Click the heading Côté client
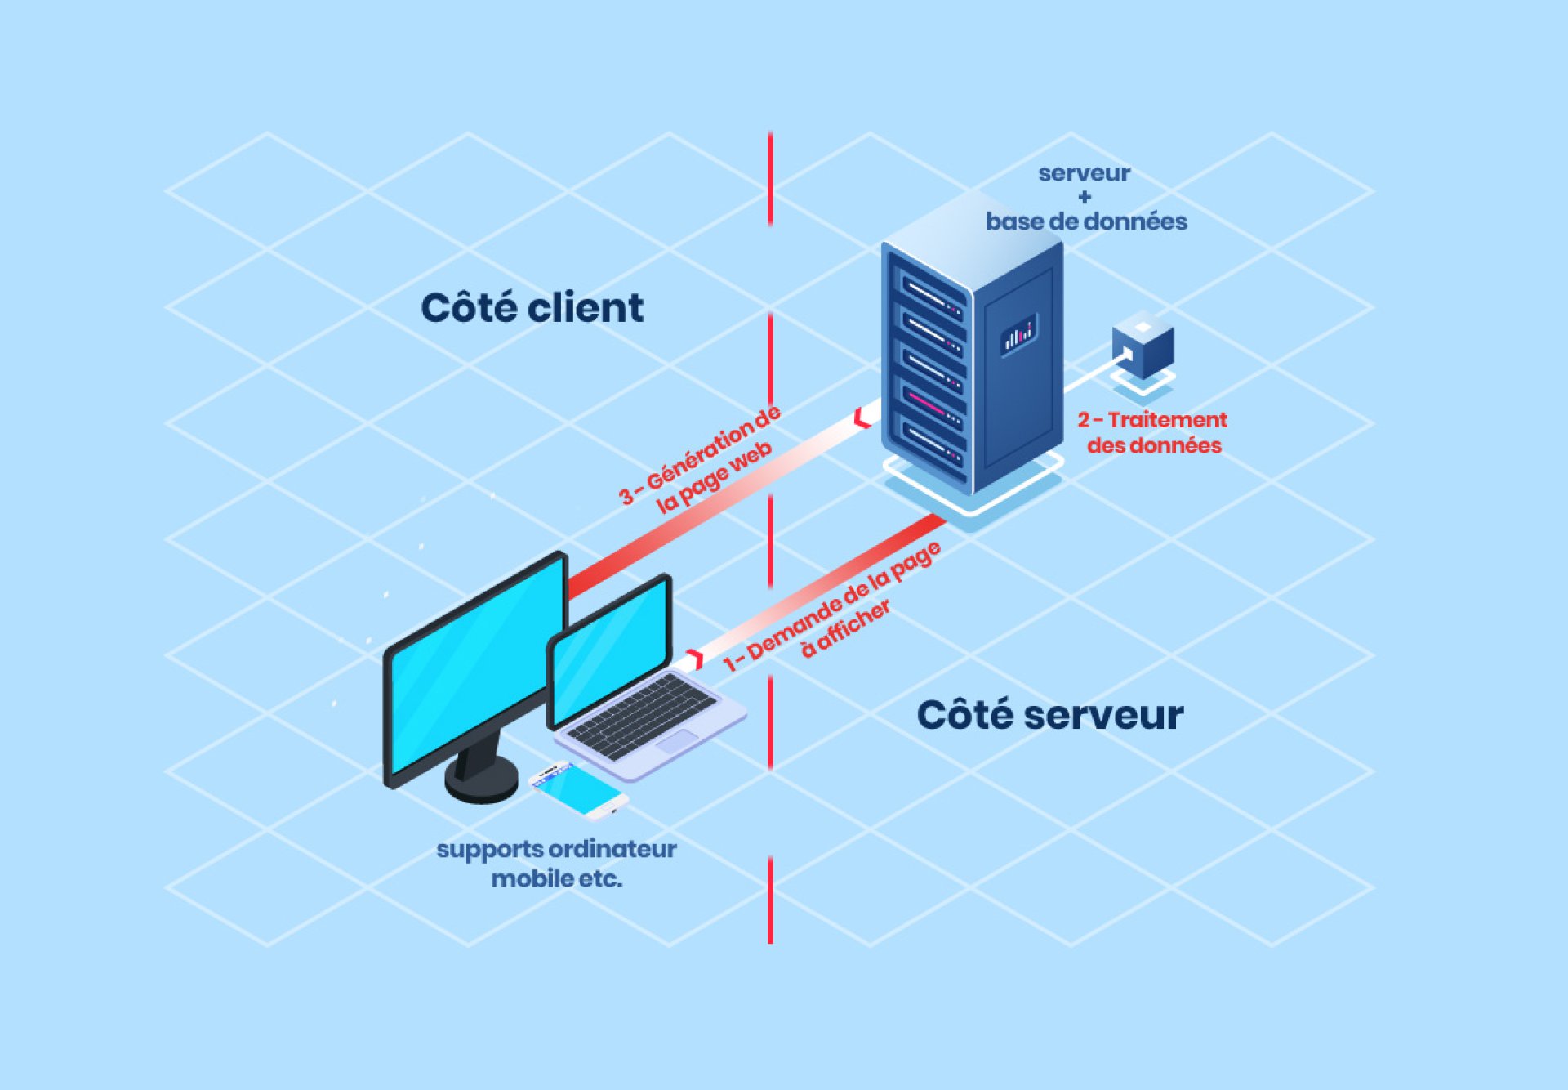click(x=532, y=308)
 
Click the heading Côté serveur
click(x=1049, y=715)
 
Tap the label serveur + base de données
click(x=1085, y=198)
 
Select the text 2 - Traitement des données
click(x=1153, y=432)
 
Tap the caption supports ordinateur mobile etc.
click(x=557, y=864)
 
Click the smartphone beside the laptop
click(x=578, y=789)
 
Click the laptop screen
click(x=610, y=650)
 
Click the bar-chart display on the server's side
click(x=1018, y=333)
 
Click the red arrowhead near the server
click(x=862, y=418)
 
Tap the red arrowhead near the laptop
click(x=696, y=659)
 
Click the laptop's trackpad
click(x=677, y=743)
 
